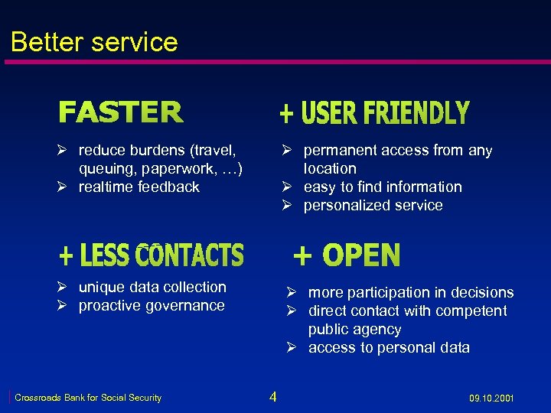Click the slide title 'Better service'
(x=94, y=41)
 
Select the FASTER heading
(x=121, y=113)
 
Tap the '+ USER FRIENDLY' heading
(x=373, y=114)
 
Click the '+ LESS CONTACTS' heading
(x=152, y=255)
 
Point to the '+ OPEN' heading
(x=347, y=255)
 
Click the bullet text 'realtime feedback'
(x=139, y=187)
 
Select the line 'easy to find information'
(x=383, y=187)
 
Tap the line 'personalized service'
(x=373, y=205)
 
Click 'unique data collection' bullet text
(x=152, y=287)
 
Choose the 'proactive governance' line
(x=152, y=305)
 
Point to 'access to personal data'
(x=389, y=347)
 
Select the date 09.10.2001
(x=491, y=398)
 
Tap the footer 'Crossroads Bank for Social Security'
(x=88, y=398)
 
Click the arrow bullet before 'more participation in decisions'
(x=292, y=292)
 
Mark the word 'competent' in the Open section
(x=471, y=311)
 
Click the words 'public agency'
(x=354, y=329)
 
